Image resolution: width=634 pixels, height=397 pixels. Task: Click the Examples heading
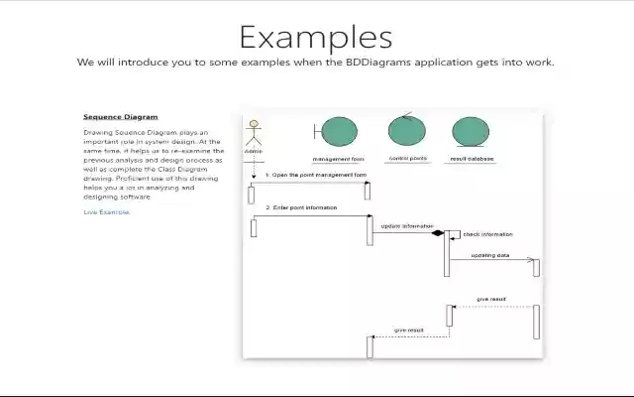point(315,37)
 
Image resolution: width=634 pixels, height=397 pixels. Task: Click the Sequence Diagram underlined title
point(120,116)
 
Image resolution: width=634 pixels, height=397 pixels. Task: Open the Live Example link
point(106,211)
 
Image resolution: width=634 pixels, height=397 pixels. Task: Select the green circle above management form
point(339,132)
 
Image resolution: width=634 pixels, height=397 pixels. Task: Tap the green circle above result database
point(471,132)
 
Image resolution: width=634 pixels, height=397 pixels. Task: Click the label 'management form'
point(339,159)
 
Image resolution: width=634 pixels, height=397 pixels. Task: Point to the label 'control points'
point(407,158)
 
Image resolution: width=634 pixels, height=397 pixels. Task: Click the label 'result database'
point(472,158)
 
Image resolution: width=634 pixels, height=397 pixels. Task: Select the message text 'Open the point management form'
point(315,175)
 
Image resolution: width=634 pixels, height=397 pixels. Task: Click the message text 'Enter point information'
point(301,208)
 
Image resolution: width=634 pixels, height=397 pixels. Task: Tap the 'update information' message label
point(406,226)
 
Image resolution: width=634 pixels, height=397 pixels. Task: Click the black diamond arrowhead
point(436,233)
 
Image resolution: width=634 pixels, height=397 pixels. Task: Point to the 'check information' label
point(487,234)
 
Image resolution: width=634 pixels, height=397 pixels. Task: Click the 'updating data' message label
point(489,255)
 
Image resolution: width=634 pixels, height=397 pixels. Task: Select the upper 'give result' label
point(491,298)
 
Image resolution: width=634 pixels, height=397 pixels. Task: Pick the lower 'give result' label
point(408,330)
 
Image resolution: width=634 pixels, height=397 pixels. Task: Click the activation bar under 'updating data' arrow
point(536,267)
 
